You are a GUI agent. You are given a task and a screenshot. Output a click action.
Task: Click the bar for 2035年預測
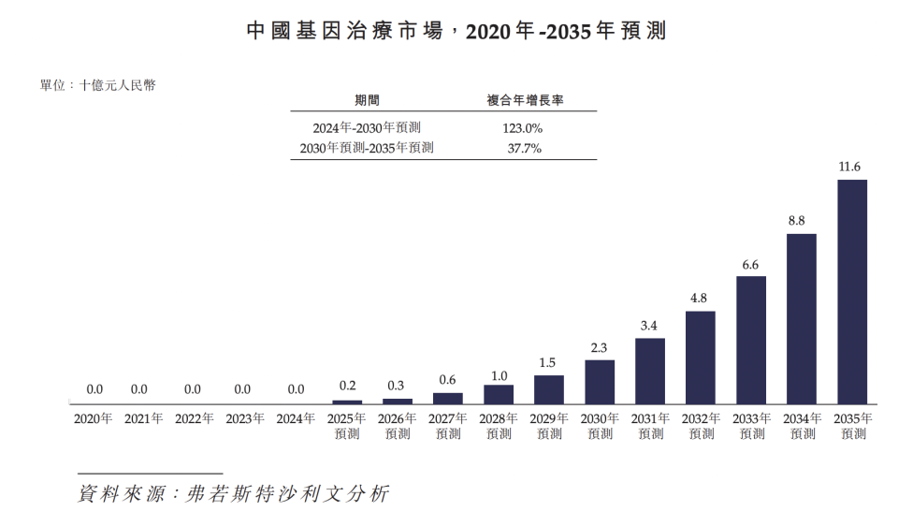851,292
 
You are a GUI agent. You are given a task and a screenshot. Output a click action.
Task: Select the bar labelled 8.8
802,318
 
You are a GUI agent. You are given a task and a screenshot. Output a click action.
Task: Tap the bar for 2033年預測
751,340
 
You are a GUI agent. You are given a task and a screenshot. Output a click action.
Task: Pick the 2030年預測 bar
600,382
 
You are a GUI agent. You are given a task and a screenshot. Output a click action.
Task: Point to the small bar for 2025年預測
347,402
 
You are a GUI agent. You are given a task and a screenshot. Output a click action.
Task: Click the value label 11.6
849,167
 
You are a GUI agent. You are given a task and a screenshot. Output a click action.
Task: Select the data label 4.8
699,298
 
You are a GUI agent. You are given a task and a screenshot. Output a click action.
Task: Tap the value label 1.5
547,363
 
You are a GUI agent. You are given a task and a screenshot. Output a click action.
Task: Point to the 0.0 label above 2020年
94,389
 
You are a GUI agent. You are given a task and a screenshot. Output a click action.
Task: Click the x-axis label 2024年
296,419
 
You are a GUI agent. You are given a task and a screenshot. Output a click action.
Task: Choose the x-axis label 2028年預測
499,426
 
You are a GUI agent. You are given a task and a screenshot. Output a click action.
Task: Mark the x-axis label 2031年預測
651,426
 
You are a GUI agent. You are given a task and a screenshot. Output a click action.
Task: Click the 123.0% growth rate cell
522,128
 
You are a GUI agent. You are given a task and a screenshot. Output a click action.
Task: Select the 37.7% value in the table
524,149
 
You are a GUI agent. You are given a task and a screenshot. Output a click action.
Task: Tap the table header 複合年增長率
525,100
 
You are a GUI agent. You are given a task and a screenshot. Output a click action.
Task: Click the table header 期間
367,100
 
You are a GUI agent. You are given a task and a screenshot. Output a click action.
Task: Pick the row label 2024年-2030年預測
367,128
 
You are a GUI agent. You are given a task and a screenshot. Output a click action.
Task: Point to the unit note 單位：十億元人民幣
98,85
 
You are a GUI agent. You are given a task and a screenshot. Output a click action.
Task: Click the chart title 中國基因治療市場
345,30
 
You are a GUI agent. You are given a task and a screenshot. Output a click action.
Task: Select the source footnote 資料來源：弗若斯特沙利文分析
234,493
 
